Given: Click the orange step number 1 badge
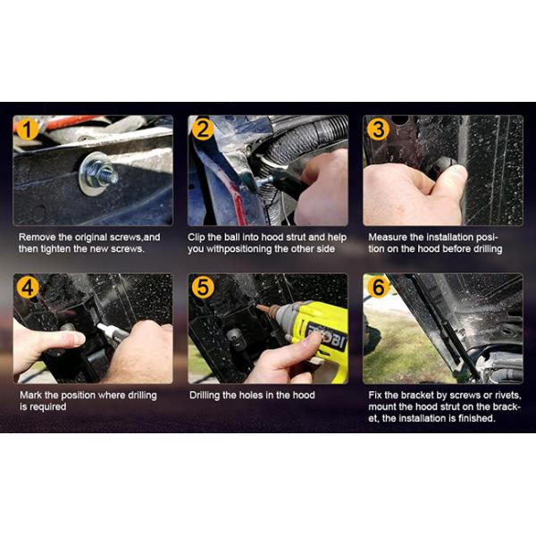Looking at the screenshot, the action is (x=27, y=130).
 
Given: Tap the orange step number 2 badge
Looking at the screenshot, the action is (x=203, y=130).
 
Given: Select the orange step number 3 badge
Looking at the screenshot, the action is (x=378, y=130).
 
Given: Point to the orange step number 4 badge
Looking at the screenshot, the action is (x=27, y=287).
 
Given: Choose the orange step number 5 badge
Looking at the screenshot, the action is (x=203, y=287).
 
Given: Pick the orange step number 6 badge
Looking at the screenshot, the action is (x=378, y=287).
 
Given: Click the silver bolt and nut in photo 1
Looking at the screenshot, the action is (x=99, y=173).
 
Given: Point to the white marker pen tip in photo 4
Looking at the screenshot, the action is (x=100, y=326).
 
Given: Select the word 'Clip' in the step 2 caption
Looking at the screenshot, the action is (x=196, y=238).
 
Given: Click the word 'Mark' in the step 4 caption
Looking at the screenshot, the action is (x=30, y=395).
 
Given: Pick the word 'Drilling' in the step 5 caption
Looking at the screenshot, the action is (x=205, y=396).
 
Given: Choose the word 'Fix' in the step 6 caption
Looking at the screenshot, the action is (x=375, y=395).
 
